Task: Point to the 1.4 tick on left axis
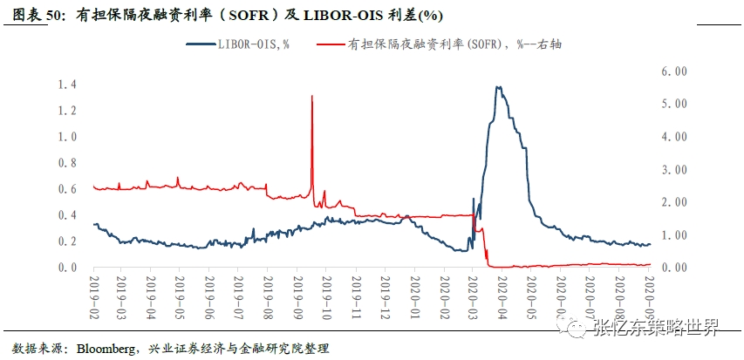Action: (x=67, y=85)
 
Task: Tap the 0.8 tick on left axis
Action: (x=67, y=163)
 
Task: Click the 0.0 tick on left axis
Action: (x=67, y=268)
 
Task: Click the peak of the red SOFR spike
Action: (x=312, y=96)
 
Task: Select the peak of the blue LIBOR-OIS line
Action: (x=497, y=86)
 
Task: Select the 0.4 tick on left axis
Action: (x=67, y=215)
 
